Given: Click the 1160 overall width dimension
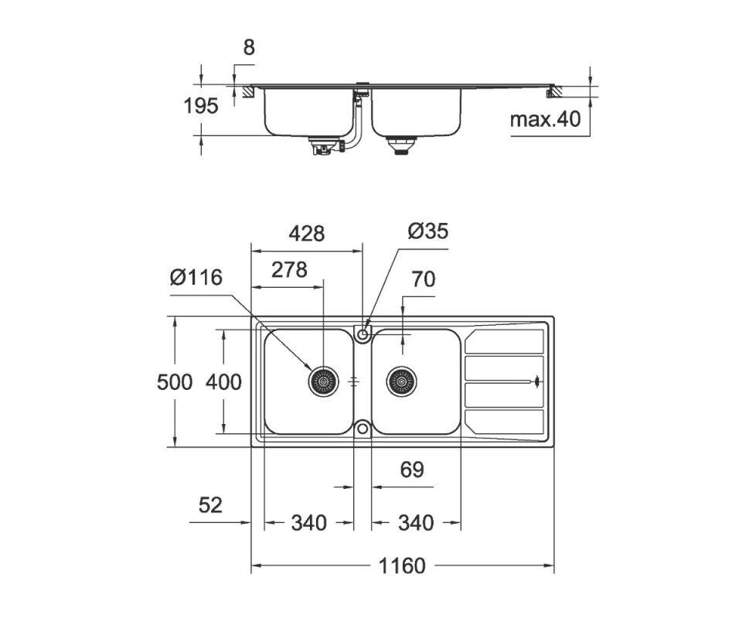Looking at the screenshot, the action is [402, 566].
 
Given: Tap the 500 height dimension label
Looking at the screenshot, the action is [175, 382].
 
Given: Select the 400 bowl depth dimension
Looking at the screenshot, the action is [223, 382].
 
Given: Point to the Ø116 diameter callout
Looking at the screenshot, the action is [196, 278].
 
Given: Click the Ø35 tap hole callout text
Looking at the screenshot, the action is [427, 231].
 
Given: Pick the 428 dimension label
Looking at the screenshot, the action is [307, 234].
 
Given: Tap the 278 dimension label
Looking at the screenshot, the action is [289, 270].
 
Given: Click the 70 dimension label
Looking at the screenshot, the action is [424, 279].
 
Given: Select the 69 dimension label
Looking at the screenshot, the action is [412, 470].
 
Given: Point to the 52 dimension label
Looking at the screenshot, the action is [210, 505].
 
